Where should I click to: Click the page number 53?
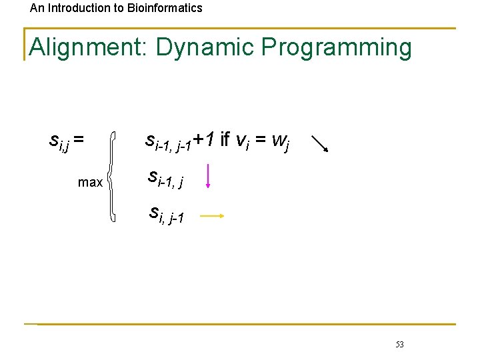click(x=399, y=345)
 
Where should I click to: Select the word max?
click(x=90, y=182)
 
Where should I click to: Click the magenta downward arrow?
click(x=209, y=177)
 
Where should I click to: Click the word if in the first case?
click(x=225, y=139)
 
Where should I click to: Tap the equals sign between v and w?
click(x=261, y=140)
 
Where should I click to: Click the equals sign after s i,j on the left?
click(x=79, y=140)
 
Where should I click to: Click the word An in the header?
click(x=37, y=8)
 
